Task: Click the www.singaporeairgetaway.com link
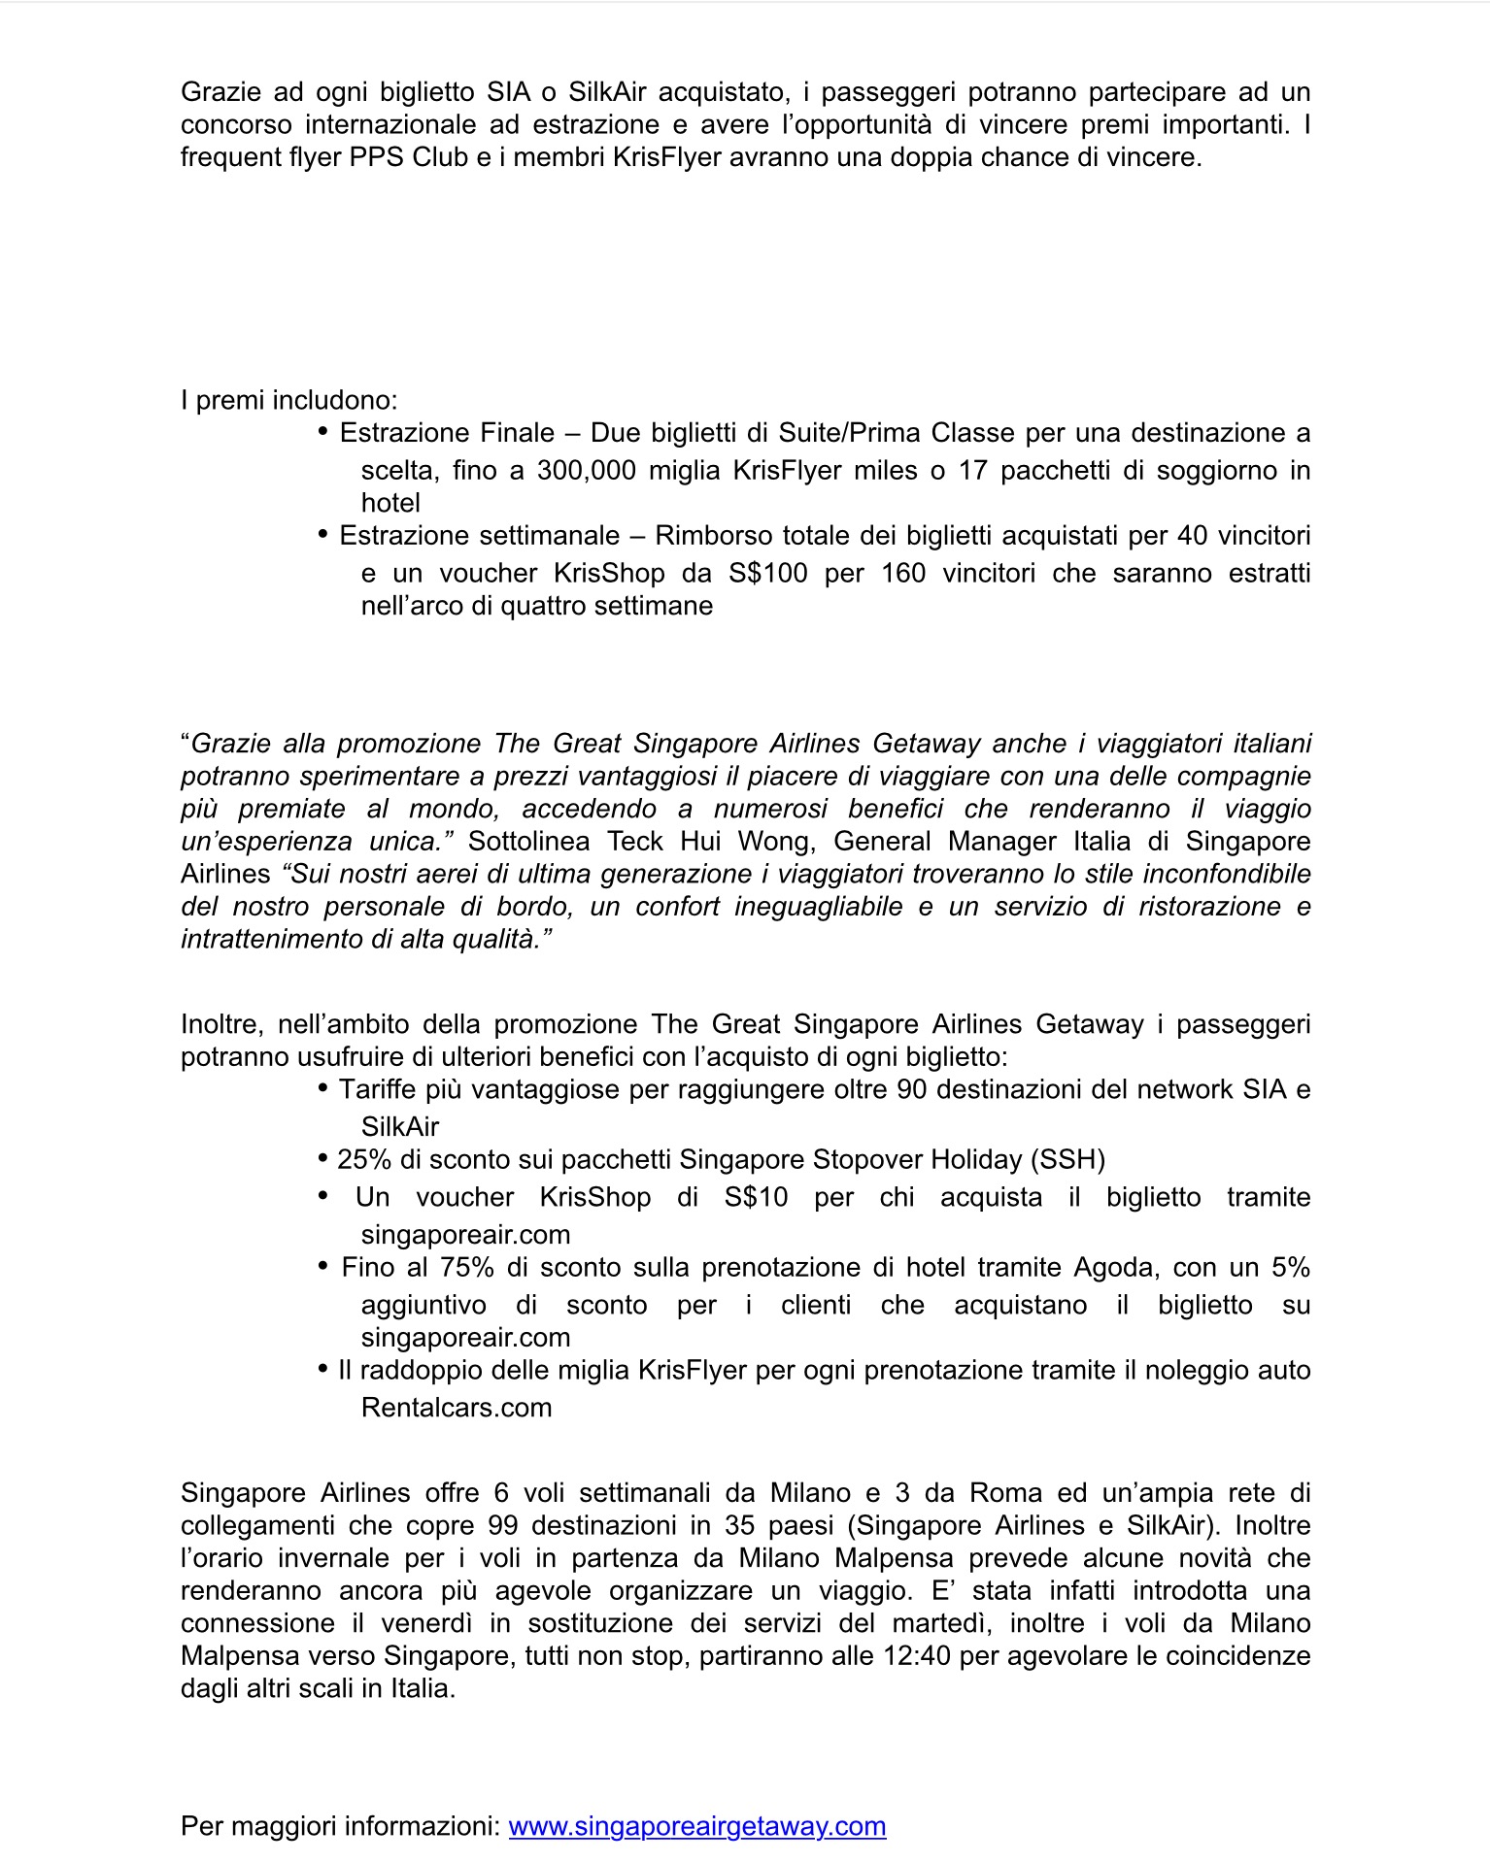click(696, 1826)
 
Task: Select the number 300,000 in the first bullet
click(585, 471)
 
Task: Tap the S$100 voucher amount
click(767, 574)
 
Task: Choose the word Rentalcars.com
click(457, 1408)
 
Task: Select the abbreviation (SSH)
click(1068, 1160)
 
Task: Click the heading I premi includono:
click(289, 400)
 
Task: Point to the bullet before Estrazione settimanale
click(322, 535)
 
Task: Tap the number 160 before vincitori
click(903, 574)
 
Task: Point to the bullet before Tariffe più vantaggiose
click(322, 1089)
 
